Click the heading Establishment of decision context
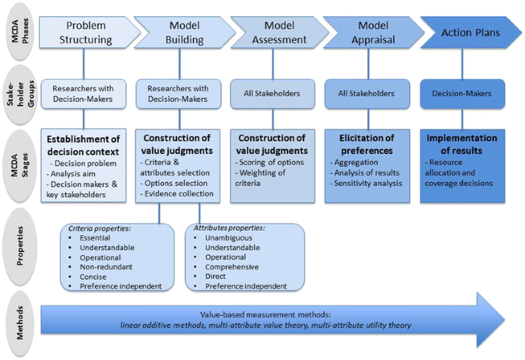84,144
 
